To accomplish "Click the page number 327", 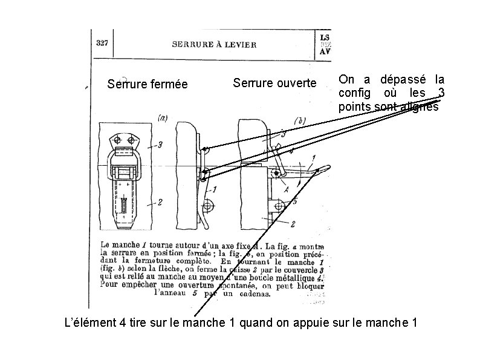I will (x=102, y=43).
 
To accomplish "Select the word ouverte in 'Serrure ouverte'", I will (x=296, y=82).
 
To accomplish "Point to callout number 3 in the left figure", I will (x=160, y=145).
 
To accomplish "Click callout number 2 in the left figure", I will (x=160, y=203).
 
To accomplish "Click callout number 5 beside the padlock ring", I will (x=294, y=201).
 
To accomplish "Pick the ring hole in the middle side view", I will (x=208, y=206).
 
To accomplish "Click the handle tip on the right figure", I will (x=326, y=169).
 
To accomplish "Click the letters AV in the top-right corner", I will (x=325, y=51).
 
